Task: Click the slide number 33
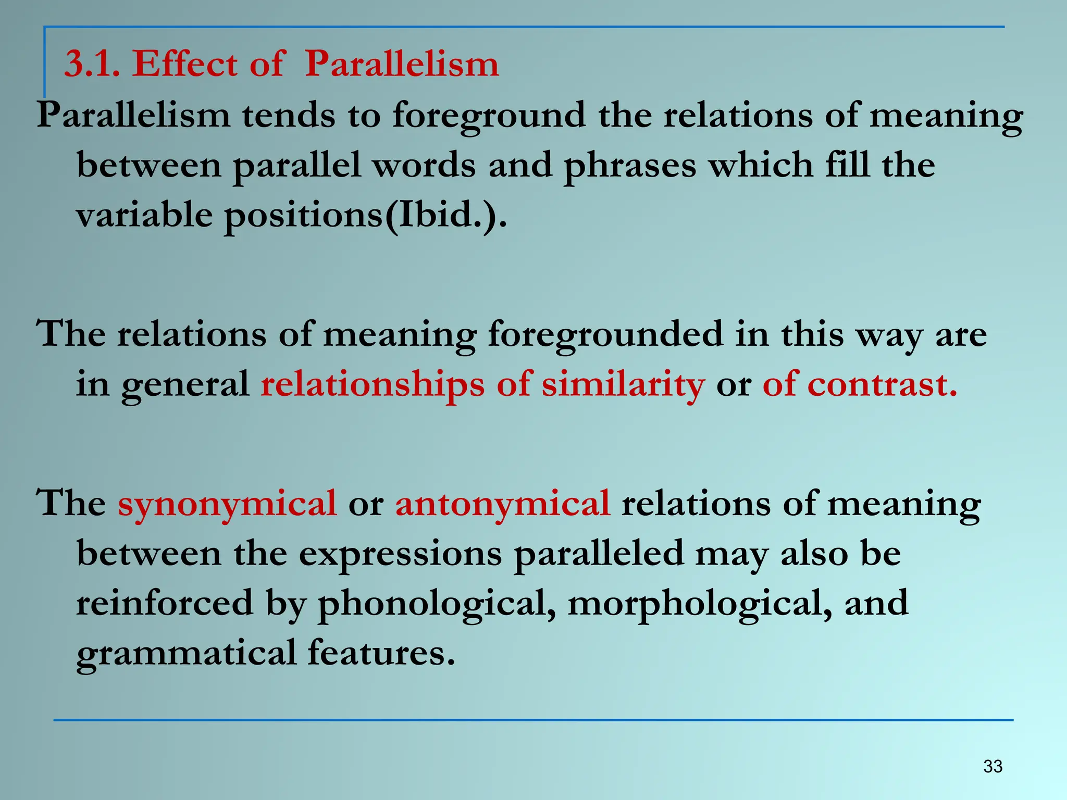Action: (x=992, y=766)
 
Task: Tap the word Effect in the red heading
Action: (x=185, y=64)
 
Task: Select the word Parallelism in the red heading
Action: (x=402, y=64)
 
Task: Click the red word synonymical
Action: (x=227, y=504)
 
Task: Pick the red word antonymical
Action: (x=502, y=504)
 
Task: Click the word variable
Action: (x=144, y=215)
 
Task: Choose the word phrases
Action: (x=630, y=166)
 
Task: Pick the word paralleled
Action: (x=598, y=554)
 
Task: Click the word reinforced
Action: (x=165, y=603)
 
